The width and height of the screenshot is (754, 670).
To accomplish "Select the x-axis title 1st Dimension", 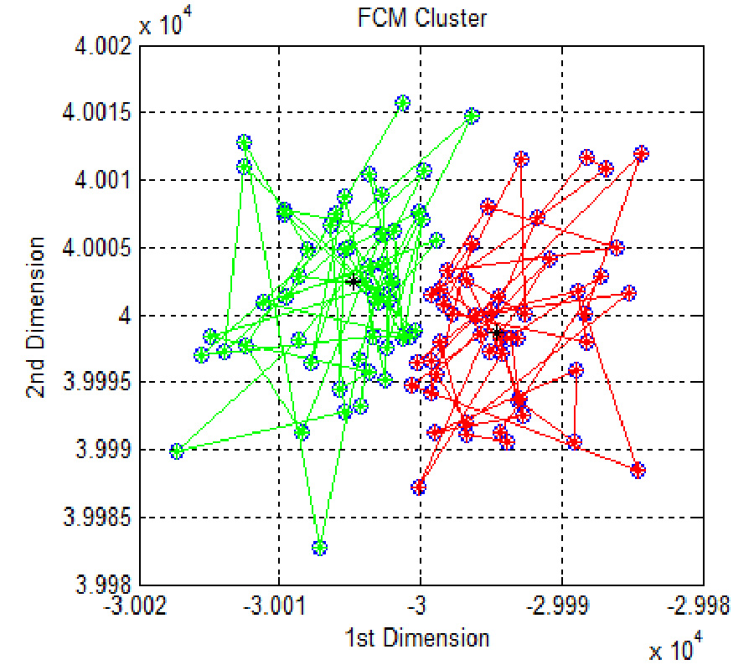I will tap(416, 638).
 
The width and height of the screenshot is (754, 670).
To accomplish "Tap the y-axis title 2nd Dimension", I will tap(38, 317).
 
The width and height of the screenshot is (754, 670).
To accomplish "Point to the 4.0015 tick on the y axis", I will tap(95, 113).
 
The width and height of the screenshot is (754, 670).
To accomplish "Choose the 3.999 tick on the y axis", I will tap(101, 451).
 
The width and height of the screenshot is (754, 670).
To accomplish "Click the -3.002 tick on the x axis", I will tap(140, 604).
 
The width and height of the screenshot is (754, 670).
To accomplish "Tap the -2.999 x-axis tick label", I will tap(561, 604).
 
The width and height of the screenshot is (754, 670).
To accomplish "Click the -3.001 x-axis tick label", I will tap(279, 604).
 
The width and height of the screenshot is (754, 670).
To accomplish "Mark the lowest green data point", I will tap(319, 548).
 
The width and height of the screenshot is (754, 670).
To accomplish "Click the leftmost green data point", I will tap(177, 451).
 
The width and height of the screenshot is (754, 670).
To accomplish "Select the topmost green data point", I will tap(402, 103).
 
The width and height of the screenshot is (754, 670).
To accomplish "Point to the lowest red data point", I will tap(419, 487).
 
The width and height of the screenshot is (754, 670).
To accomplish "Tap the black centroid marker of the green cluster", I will tap(354, 281).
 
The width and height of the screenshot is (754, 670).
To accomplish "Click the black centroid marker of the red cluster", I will tap(497, 332).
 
